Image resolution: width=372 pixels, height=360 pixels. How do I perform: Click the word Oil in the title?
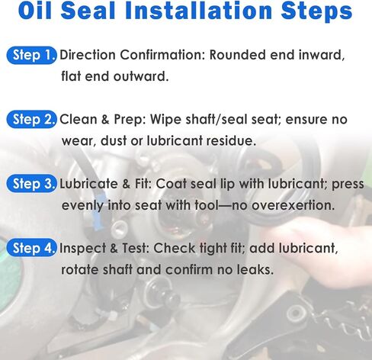[34, 11]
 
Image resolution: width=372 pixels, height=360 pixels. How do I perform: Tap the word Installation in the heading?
[199, 11]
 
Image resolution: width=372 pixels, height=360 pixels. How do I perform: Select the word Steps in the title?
[316, 12]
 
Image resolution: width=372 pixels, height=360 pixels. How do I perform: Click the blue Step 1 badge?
[31, 55]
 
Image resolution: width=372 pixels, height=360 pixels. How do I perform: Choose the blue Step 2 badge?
[31, 119]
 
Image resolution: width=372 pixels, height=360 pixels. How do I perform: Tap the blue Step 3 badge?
[31, 184]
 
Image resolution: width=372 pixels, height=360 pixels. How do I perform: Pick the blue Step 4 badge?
[31, 248]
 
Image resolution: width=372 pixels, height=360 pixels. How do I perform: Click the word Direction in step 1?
[88, 55]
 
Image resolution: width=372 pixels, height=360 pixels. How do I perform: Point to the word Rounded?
[238, 55]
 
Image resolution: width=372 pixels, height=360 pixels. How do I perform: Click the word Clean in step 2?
[79, 119]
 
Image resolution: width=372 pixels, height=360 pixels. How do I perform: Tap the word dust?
[114, 140]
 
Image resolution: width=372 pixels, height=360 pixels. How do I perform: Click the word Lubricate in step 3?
[88, 184]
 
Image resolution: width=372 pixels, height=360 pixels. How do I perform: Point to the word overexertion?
[293, 205]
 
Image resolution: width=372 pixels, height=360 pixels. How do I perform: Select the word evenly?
[83, 206]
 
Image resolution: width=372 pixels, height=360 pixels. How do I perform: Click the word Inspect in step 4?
[82, 249]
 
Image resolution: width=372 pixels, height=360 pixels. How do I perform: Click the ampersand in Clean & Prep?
[105, 119]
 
